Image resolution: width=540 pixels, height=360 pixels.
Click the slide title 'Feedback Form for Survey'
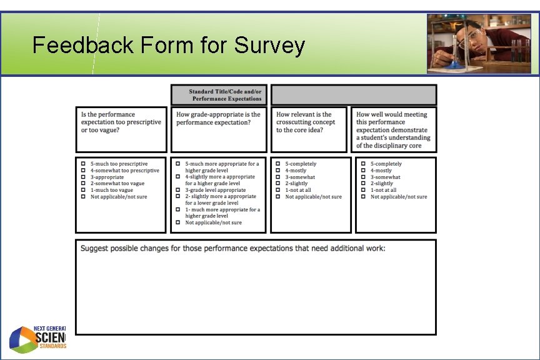[x=169, y=46]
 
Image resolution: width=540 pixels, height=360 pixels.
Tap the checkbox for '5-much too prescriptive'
[x=82, y=164]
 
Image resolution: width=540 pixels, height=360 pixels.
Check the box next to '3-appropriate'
[x=82, y=177]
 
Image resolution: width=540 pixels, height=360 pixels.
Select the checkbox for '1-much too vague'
[x=82, y=190]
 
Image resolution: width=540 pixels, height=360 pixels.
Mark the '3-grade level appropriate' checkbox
[x=178, y=190]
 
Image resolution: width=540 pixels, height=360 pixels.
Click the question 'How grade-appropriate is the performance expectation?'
[x=218, y=119]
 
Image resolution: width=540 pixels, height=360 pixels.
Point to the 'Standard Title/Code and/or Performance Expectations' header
[x=219, y=95]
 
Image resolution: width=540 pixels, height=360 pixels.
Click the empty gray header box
[x=353, y=95]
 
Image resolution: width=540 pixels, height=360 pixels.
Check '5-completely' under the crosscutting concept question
[x=278, y=164]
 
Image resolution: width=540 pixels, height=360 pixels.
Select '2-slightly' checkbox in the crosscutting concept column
[x=278, y=184]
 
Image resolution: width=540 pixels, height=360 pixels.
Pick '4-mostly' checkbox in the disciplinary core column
[x=363, y=171]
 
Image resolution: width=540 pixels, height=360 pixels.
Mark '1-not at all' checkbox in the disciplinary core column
[x=363, y=190]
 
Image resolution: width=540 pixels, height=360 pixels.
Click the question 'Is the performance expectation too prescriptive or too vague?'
[x=121, y=122]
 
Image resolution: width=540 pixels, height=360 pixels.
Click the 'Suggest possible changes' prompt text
[x=232, y=249]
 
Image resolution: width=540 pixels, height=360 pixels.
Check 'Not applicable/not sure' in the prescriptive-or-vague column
[x=82, y=197]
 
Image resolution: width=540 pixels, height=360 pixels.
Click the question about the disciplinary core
[x=393, y=130]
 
